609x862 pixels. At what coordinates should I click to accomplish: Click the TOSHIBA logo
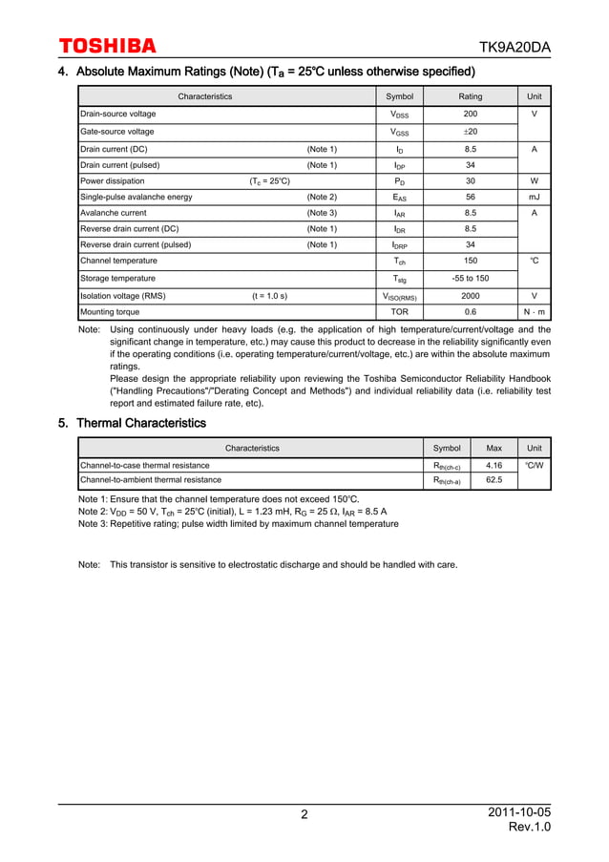coord(107,46)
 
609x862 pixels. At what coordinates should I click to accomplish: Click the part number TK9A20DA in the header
coord(514,48)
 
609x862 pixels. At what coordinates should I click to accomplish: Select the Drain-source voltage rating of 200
coord(470,114)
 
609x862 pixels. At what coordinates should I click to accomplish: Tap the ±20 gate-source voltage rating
coord(470,132)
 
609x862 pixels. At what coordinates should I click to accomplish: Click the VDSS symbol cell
coord(399,115)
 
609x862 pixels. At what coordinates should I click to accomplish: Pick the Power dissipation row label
coord(113,180)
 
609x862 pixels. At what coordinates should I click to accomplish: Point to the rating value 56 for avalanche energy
coord(470,197)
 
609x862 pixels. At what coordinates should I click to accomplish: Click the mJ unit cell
coord(534,197)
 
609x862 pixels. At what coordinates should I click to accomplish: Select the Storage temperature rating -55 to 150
coord(470,278)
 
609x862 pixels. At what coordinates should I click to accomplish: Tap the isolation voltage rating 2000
coord(470,296)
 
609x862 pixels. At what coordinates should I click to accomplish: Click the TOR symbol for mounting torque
coord(399,312)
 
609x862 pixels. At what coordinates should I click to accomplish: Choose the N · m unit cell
coord(534,312)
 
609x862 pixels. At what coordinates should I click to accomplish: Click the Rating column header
coord(470,96)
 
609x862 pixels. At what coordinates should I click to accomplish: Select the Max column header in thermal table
coord(493,448)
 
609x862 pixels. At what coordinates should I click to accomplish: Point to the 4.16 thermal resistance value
coord(493,465)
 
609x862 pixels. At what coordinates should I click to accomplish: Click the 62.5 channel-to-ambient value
coord(493,480)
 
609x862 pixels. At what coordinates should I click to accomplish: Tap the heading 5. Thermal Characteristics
coord(132,423)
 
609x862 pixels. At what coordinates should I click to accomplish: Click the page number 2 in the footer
coord(304,814)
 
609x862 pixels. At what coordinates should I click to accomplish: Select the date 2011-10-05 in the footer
coord(518,811)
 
